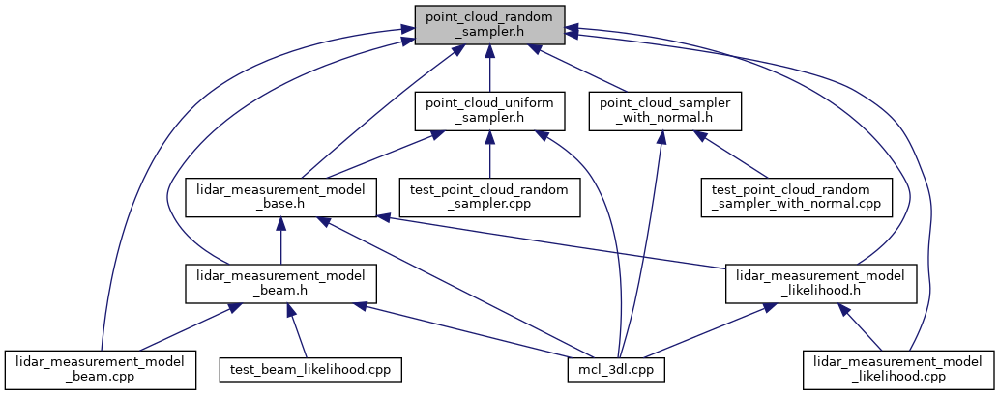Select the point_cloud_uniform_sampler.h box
[489, 111]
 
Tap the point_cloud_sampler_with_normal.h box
[665, 111]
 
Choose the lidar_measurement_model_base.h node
[280, 198]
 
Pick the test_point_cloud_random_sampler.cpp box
[489, 198]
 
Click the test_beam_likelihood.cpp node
[309, 370]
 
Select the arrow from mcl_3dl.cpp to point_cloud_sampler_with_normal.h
[641, 241]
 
